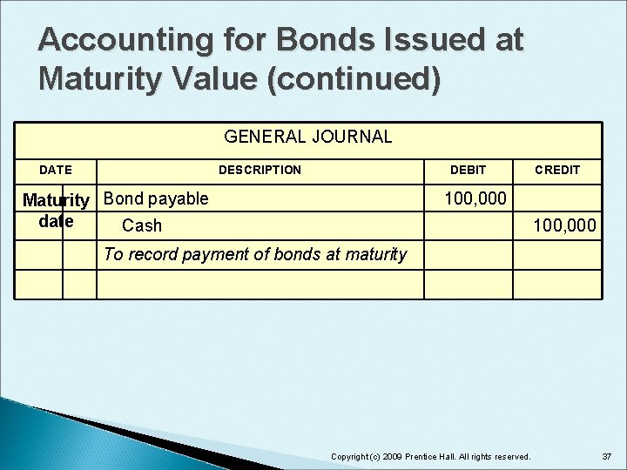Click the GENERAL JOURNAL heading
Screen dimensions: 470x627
pyautogui.click(x=308, y=137)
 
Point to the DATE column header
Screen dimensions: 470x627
pyautogui.click(x=56, y=170)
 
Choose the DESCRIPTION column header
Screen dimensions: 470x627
pyautogui.click(x=260, y=170)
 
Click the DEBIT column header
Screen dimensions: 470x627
pyautogui.click(x=468, y=170)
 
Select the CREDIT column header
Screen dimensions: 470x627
pyautogui.click(x=556, y=170)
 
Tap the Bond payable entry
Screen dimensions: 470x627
pyautogui.click(x=156, y=198)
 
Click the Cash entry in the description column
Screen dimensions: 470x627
pyautogui.click(x=142, y=226)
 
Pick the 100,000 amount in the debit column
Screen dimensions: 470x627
pyautogui.click(x=475, y=198)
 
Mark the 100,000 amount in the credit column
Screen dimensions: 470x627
pyautogui.click(x=564, y=226)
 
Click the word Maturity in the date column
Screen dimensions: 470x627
pyautogui.click(x=56, y=201)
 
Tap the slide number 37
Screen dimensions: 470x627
pyautogui.click(x=606, y=456)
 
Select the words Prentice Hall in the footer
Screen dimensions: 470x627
pyautogui.click(x=426, y=457)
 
